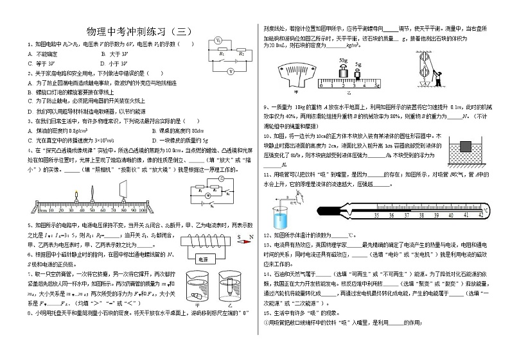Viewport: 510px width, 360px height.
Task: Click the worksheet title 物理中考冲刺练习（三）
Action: coord(138,30)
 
